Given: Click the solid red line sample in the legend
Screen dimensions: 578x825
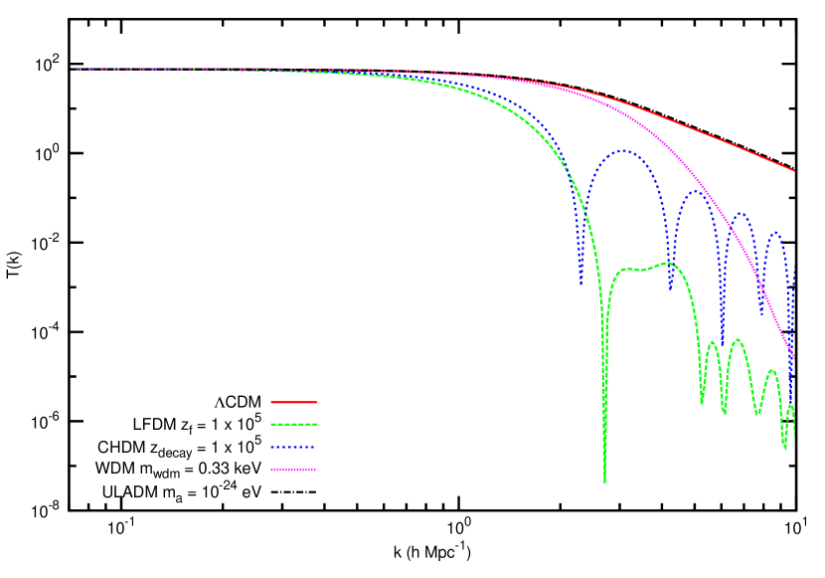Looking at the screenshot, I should tap(293, 402).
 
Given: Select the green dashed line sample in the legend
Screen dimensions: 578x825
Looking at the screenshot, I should tap(293, 424).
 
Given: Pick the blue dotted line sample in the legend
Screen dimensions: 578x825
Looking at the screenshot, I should tap(293, 448).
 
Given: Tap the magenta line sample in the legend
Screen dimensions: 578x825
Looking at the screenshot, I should tap(293, 470).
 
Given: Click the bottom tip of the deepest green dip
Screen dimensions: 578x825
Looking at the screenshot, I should tap(604, 482).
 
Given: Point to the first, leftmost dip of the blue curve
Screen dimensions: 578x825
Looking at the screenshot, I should tap(581, 285).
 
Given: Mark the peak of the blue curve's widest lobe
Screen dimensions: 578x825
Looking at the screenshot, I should tap(623, 150).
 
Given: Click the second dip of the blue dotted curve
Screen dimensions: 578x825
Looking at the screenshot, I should tap(671, 289).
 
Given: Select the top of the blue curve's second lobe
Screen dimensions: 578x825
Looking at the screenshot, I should tap(697, 191).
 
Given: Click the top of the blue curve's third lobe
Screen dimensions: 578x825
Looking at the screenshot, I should tap(741, 213).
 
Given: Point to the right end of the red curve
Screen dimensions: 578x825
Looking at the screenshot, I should tap(794, 171).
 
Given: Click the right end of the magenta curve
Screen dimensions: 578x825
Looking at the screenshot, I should tap(794, 358).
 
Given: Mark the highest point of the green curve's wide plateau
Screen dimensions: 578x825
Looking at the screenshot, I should tap(667, 263).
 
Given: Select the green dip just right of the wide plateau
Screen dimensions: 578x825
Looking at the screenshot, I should tap(702, 403).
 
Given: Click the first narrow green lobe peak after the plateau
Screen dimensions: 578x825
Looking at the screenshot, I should tap(712, 342).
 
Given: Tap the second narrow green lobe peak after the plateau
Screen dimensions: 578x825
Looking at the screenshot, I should tap(737, 339).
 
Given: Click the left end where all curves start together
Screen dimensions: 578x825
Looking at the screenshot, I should tap(73, 69).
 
